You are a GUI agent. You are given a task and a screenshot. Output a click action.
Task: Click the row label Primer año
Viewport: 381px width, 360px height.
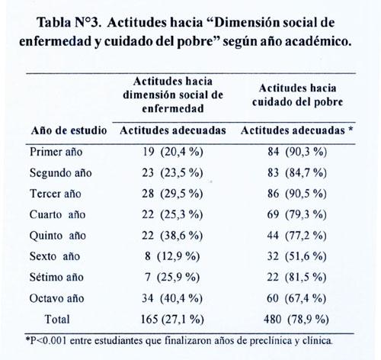56,152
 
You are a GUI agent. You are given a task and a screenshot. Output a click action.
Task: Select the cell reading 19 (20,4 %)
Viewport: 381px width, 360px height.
173,152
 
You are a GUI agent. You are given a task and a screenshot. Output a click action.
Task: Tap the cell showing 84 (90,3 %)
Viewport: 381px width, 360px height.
297,152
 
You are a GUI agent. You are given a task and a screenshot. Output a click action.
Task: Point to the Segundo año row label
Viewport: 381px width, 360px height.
61,173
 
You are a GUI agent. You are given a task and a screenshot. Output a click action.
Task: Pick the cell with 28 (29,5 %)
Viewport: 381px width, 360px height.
172,194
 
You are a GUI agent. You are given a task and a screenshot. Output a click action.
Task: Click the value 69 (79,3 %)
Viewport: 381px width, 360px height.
296,214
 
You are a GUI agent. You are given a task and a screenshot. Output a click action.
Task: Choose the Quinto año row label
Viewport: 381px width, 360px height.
58,236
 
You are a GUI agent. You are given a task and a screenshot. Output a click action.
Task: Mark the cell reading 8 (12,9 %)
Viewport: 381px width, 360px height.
172,256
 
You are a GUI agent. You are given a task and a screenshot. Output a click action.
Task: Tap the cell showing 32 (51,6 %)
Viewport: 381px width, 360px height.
296,256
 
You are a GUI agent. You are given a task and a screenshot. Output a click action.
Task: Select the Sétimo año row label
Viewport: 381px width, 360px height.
56,277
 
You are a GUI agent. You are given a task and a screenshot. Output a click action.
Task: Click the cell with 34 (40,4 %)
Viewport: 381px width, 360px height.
172,298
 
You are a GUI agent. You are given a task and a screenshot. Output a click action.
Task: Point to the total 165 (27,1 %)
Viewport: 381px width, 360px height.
172,319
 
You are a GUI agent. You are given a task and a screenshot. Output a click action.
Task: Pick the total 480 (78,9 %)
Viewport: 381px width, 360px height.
296,319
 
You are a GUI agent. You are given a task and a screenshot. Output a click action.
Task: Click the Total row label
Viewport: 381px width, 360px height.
57,319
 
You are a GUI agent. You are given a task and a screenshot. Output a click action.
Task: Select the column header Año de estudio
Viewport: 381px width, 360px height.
69,130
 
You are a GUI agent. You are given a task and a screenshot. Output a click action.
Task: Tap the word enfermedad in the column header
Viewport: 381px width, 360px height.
173,108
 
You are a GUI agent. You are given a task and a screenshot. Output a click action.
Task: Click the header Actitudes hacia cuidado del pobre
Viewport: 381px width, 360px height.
297,95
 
